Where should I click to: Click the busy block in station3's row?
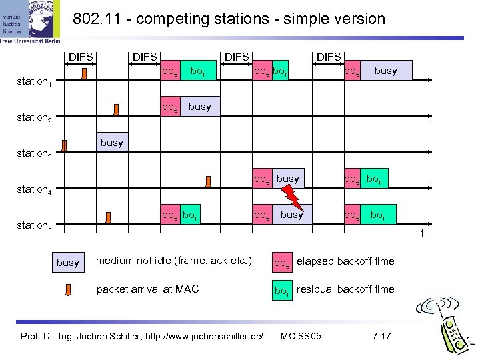click(x=111, y=143)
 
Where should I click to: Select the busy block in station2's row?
click(x=199, y=107)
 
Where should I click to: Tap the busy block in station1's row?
click(x=385, y=71)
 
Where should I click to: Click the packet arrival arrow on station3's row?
click(x=65, y=147)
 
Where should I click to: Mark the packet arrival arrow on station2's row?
click(x=117, y=111)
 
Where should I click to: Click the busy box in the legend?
click(x=67, y=263)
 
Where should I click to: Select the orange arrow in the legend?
click(x=67, y=290)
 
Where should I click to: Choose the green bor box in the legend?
click(x=282, y=290)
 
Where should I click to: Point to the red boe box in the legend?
click(x=282, y=262)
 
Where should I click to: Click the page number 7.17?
click(x=381, y=335)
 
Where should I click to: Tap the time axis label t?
click(x=421, y=233)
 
